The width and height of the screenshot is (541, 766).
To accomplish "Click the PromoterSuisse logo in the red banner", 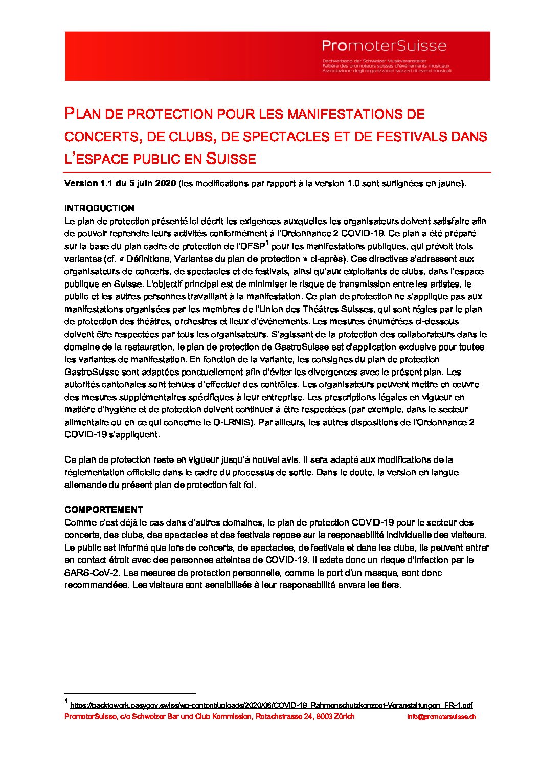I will tap(384, 47).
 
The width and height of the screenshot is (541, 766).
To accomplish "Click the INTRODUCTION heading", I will tap(99, 208).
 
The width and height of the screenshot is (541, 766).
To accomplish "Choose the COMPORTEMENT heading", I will tap(103, 510).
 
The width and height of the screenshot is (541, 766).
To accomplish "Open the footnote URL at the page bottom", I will tap(271, 705).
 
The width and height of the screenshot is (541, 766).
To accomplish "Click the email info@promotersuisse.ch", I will tap(441, 717).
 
